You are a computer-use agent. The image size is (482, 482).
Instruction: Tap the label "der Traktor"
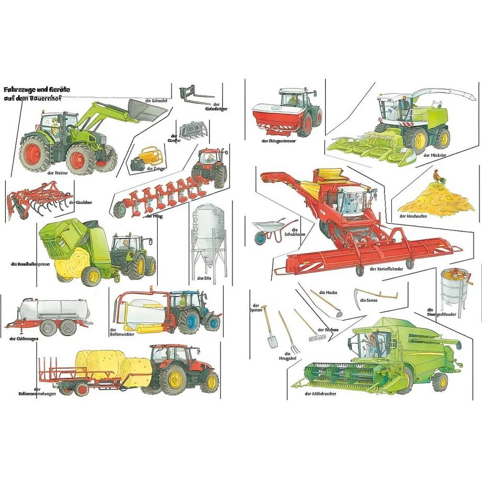point(58,173)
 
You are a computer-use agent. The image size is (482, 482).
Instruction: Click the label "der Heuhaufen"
point(412,216)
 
